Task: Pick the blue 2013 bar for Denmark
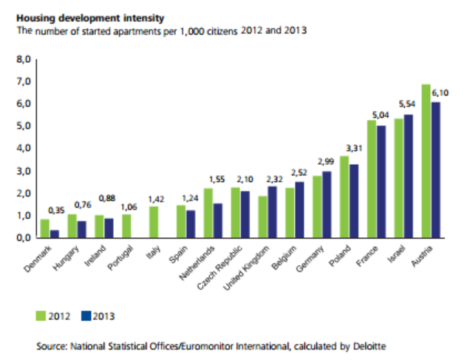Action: pos(54,234)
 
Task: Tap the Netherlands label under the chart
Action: pos(195,264)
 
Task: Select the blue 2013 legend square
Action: pos(85,316)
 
